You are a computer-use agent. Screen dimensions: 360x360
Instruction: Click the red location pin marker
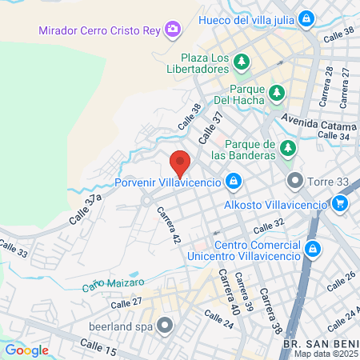(x=180, y=163)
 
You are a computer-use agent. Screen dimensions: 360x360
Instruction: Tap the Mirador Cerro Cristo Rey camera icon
(x=172, y=30)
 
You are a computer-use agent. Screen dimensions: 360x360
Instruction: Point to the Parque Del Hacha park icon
(x=276, y=93)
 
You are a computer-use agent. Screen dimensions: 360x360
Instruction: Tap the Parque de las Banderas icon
(x=288, y=148)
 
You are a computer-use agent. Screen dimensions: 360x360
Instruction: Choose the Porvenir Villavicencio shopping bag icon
(x=232, y=182)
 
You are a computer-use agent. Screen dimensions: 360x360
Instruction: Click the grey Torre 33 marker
(x=294, y=181)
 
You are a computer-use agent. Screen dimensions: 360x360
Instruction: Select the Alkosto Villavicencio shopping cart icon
(x=340, y=203)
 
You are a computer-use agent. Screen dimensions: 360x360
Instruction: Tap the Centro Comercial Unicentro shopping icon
(x=313, y=249)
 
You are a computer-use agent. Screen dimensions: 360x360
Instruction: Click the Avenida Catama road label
(x=317, y=125)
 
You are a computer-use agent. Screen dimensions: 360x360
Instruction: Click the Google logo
(x=26, y=350)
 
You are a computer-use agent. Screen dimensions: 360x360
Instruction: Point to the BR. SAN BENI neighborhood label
(x=321, y=343)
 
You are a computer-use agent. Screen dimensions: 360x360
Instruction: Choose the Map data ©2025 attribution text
(x=325, y=354)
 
